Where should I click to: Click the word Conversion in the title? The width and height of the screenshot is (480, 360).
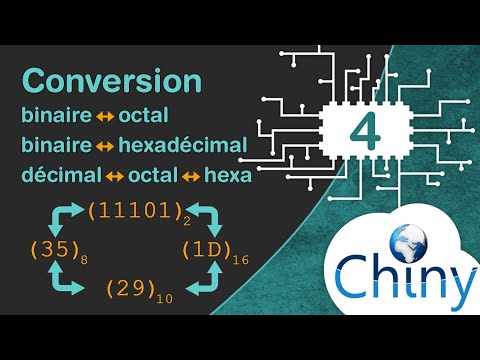pos(111,81)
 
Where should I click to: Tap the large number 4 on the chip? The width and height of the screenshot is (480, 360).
pos(363,131)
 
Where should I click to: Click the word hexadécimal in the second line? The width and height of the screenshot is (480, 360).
pos(182,146)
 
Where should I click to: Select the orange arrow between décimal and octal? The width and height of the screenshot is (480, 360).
pos(113,177)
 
